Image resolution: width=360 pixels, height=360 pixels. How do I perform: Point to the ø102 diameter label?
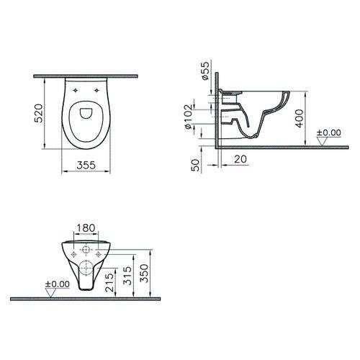pyautogui.click(x=189, y=118)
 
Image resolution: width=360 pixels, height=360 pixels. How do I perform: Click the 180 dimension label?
pyautogui.click(x=85, y=229)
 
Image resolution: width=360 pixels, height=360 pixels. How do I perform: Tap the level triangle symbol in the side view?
pyautogui.click(x=328, y=141)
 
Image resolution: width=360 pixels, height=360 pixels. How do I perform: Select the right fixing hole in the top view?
pyautogui.click(x=97, y=90)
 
